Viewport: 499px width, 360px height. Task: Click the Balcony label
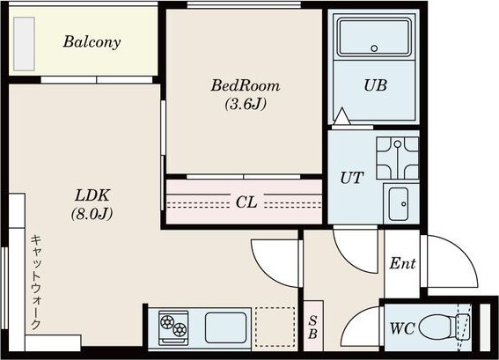pos(92,42)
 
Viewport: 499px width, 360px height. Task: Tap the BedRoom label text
pos(245,85)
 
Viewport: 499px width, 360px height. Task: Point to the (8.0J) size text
pos(92,214)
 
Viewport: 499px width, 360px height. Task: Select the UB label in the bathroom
pos(375,85)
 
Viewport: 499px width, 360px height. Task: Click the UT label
pos(352,178)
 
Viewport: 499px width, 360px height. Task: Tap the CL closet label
pos(246,202)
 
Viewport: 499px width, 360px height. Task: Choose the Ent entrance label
pos(402,263)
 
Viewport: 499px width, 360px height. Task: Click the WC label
pos(402,328)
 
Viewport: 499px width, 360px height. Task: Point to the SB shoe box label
pos(312,327)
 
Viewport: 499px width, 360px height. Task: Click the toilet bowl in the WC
pos(439,327)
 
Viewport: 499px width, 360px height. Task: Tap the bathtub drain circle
pos(374,48)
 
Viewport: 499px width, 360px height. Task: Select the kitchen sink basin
pos(225,327)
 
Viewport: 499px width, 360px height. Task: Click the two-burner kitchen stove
pos(173,327)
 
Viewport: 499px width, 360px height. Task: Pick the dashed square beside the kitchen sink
pos(275,327)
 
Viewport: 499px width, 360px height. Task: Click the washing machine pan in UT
pos(398,158)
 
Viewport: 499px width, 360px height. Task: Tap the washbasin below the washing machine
pos(399,204)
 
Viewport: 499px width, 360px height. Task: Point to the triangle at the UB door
pos(341,116)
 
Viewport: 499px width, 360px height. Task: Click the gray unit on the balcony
pos(24,44)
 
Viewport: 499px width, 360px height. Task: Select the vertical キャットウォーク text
pos(35,283)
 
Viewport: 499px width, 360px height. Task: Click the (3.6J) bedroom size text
pos(246,104)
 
